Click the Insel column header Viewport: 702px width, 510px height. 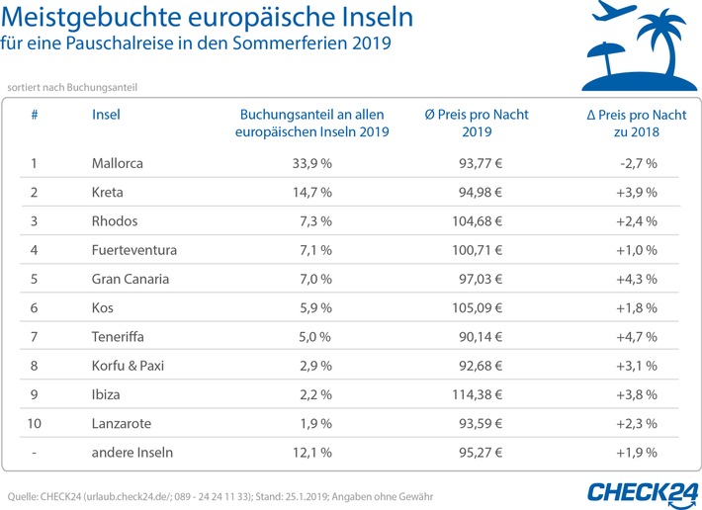click(x=106, y=115)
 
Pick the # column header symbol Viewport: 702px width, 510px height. click(x=35, y=115)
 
